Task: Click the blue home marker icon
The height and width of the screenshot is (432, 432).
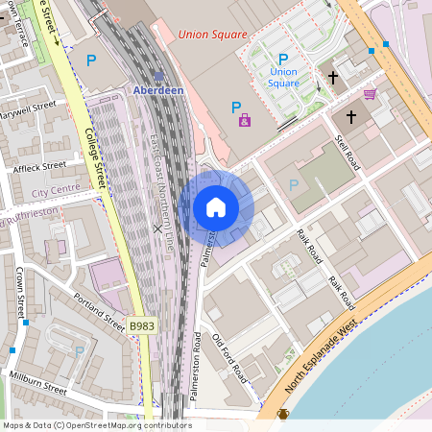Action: tap(216, 207)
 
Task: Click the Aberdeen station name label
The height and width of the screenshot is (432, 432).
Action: tap(158, 90)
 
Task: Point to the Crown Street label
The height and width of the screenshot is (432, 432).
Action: tap(20, 293)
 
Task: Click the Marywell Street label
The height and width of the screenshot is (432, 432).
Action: tap(28, 108)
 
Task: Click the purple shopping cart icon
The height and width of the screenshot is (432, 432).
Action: tap(370, 93)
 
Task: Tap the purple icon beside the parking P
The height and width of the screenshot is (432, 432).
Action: tap(244, 120)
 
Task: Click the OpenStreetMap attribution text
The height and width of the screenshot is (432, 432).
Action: tap(96, 425)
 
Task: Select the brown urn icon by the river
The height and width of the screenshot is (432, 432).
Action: tap(283, 415)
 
